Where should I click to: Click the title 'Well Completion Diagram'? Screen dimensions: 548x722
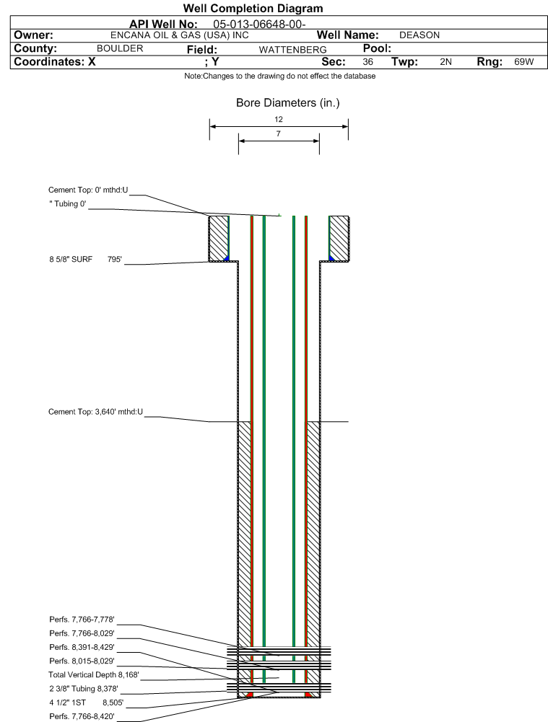[x=253, y=8]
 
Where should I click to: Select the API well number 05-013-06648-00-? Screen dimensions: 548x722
[x=259, y=25]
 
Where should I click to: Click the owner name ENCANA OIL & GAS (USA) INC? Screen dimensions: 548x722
[x=179, y=35]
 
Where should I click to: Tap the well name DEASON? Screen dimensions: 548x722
[x=419, y=35]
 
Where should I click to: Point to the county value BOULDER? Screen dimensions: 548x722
[x=120, y=49]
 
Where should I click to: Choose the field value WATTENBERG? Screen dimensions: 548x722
[x=292, y=50]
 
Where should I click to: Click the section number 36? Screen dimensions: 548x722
[x=367, y=62]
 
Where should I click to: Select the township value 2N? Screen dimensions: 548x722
[x=445, y=62]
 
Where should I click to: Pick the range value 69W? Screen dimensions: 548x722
[x=524, y=62]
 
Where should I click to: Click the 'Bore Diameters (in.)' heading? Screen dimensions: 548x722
[x=287, y=102]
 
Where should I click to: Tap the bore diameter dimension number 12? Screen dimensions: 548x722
[x=279, y=119]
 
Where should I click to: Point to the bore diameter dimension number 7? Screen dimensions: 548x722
[x=279, y=133]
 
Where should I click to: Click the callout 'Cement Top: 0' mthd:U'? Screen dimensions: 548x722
[x=88, y=190]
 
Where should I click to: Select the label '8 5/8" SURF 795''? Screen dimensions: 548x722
[x=86, y=259]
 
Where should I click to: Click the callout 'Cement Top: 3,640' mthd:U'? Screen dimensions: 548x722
[x=95, y=412]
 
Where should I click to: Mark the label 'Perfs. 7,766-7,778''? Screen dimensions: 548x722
[x=82, y=620]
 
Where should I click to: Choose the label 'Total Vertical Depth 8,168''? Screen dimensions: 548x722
[x=94, y=674]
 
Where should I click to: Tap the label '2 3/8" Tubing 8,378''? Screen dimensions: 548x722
[x=84, y=689]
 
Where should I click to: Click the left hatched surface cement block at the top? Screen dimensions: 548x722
[x=219, y=239]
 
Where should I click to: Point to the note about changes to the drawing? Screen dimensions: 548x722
[x=279, y=76]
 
